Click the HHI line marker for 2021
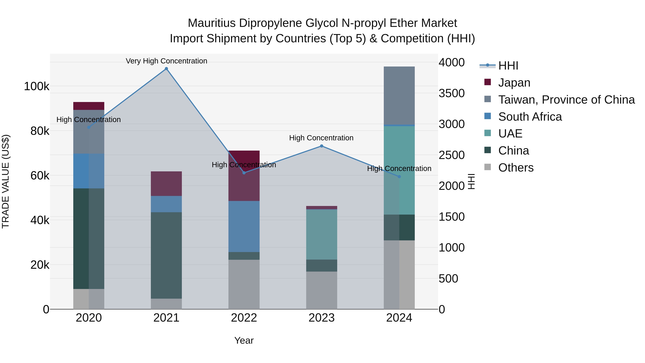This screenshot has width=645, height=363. click(166, 69)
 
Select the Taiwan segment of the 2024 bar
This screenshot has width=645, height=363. click(399, 95)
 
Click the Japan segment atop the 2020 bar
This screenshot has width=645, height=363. click(89, 106)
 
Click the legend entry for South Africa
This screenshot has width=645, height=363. click(530, 117)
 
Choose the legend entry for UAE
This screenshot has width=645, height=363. click(510, 134)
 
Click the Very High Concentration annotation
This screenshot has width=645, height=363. click(166, 61)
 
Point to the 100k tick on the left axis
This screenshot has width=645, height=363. click(37, 86)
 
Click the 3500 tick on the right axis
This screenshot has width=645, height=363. click(451, 93)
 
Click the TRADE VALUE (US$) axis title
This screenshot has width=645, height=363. click(6, 181)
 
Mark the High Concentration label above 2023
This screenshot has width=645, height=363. click(321, 138)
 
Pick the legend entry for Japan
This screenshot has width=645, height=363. click(514, 83)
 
